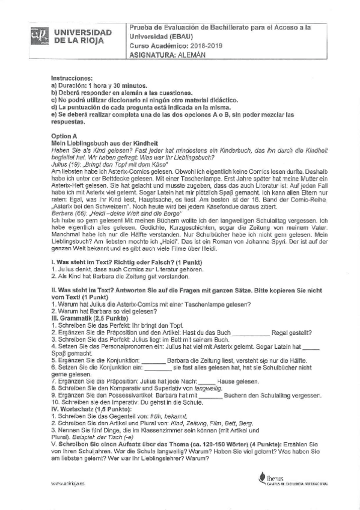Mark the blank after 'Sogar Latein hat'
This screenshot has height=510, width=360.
pos(311,348)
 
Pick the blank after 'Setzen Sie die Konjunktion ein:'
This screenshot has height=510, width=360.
pos(155,367)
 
